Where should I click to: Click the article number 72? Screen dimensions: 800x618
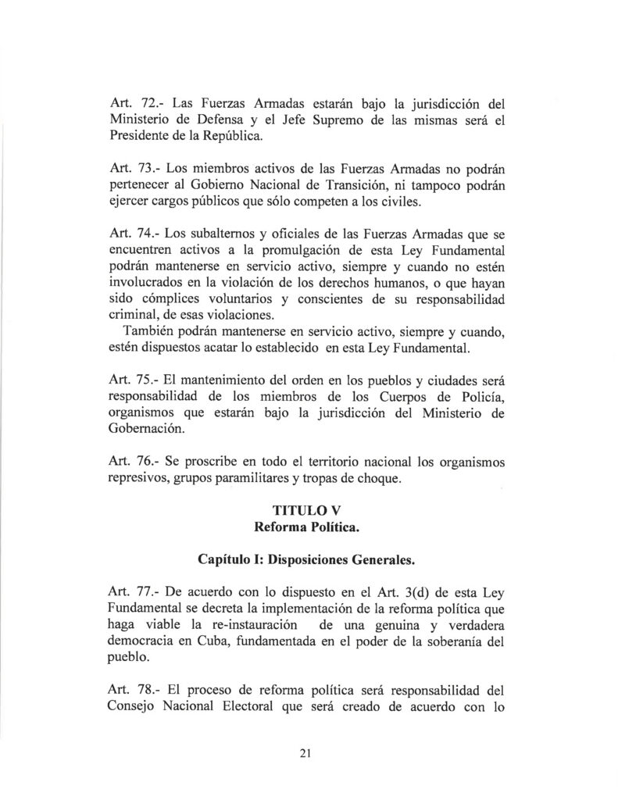pyautogui.click(x=147, y=102)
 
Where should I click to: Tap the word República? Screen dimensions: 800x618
pyautogui.click(x=219, y=137)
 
